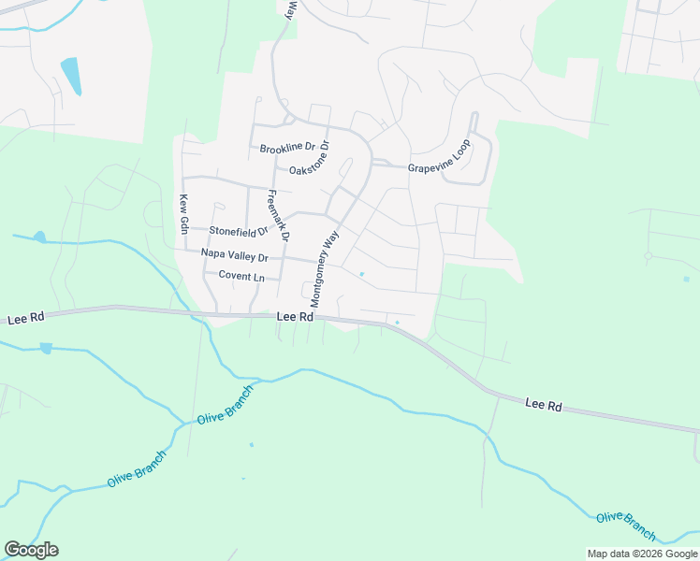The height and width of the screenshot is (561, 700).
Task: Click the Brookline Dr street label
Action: [x=289, y=149]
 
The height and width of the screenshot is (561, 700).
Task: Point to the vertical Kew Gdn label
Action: [x=184, y=214]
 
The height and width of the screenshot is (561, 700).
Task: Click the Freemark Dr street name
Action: [x=279, y=215]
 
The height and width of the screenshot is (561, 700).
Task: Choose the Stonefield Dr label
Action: [x=239, y=230]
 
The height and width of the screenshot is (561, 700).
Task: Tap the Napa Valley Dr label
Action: [x=234, y=257]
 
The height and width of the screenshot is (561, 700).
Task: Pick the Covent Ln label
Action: [x=241, y=276]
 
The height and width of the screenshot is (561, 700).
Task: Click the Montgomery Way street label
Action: [x=324, y=270]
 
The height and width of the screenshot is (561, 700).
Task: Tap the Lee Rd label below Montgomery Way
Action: [x=294, y=318]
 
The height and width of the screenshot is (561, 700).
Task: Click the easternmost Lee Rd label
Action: [x=543, y=405]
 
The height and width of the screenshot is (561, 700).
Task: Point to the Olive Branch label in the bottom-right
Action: [x=626, y=525]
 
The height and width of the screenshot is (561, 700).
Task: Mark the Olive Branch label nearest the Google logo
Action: [x=137, y=467]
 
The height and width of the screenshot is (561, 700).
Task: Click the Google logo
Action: [x=31, y=550]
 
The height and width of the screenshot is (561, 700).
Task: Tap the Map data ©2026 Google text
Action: [x=642, y=554]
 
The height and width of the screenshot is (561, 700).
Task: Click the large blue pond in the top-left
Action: [x=70, y=75]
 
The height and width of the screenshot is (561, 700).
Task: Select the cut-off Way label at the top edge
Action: [x=291, y=9]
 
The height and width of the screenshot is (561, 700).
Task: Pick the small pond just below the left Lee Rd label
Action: [x=46, y=349]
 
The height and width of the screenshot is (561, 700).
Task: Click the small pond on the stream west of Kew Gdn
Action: [x=38, y=237]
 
